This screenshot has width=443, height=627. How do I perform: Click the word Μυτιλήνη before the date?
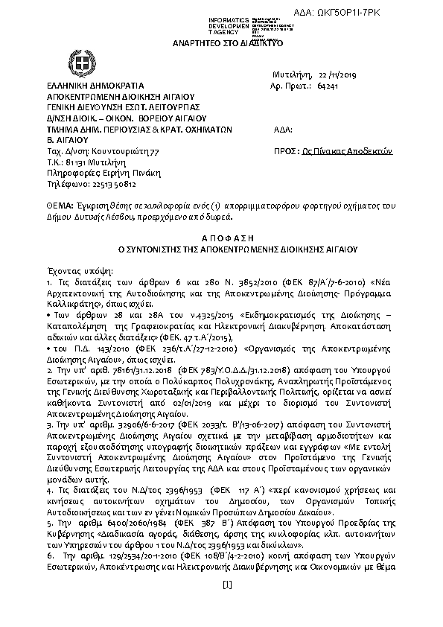[x=293, y=75]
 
